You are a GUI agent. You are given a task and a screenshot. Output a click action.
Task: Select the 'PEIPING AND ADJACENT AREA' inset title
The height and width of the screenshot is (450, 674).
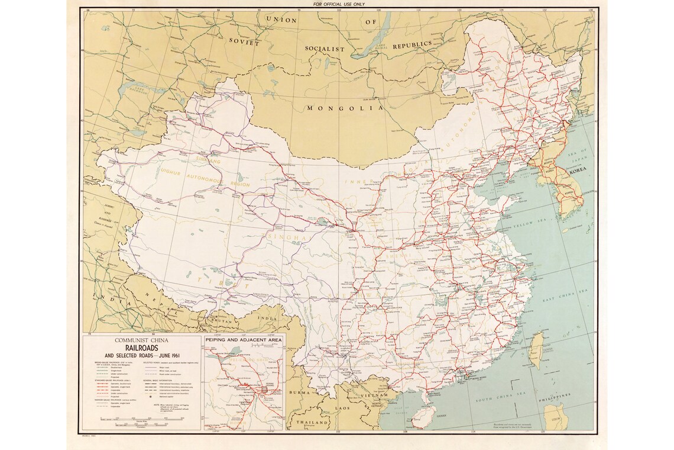point(244,340)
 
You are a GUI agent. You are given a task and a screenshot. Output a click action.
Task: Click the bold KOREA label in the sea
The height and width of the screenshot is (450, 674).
point(580,171)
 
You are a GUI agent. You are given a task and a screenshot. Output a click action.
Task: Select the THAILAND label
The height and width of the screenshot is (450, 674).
point(313,423)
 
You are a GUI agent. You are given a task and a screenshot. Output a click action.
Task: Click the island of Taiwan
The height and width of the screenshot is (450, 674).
point(539,347)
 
